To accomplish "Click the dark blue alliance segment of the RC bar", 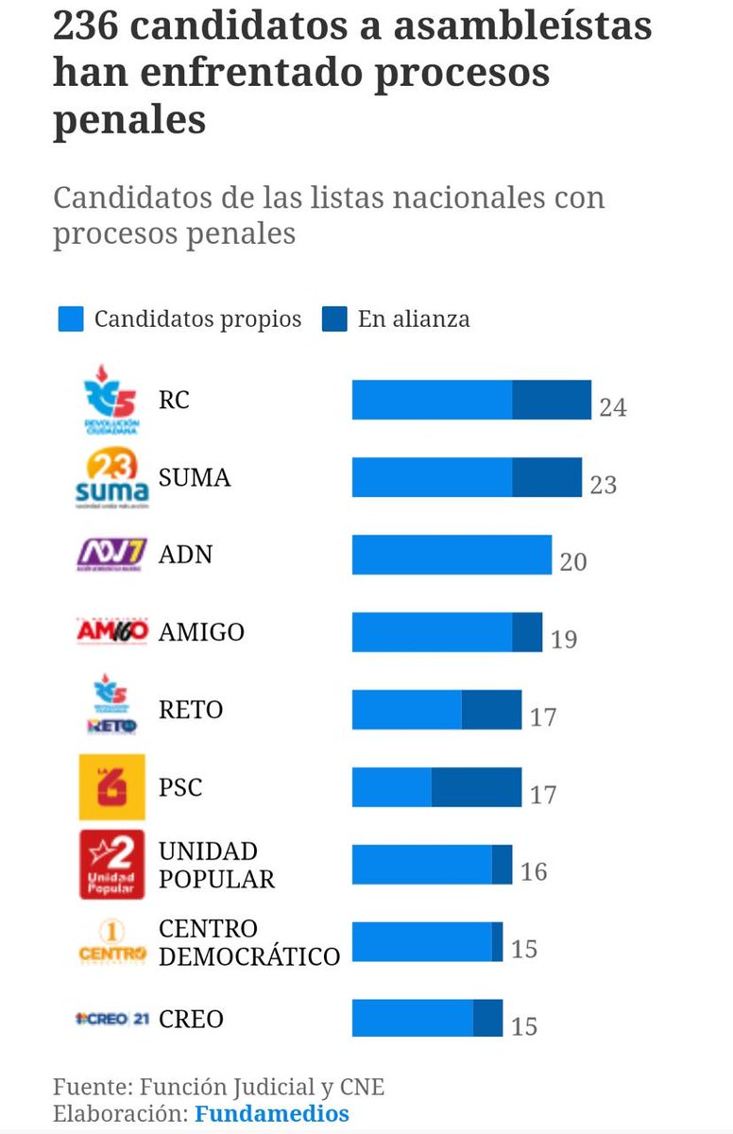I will click(x=552, y=400).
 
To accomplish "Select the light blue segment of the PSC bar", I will click(x=392, y=787).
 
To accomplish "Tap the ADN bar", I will click(x=452, y=555).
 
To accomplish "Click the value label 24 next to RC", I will click(x=612, y=407).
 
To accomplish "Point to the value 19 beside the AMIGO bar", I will click(x=563, y=640).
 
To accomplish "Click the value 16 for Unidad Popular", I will click(x=534, y=871).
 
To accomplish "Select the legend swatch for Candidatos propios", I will click(x=72, y=319).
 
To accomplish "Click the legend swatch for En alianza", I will click(x=335, y=319).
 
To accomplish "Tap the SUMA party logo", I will click(x=111, y=478).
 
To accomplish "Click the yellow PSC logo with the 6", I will click(x=111, y=787).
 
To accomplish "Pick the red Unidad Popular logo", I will click(x=111, y=865).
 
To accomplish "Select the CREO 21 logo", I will click(x=111, y=1019).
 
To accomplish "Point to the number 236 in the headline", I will click(x=89, y=26).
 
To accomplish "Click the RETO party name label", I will click(x=191, y=710).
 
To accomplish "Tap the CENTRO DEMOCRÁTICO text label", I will click(x=248, y=942).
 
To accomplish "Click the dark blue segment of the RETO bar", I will click(x=491, y=710).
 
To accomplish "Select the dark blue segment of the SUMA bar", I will click(x=547, y=477).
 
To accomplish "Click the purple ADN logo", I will click(x=111, y=555).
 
